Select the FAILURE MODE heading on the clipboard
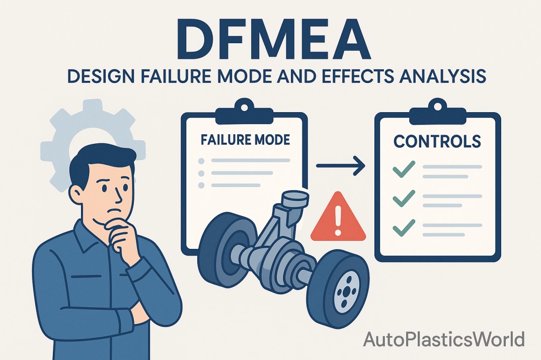[x=245, y=139]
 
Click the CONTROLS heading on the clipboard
[x=437, y=141]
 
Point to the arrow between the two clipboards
[x=341, y=166]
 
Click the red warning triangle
[x=338, y=217]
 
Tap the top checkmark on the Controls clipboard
[x=404, y=169]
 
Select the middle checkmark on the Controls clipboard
[x=404, y=198]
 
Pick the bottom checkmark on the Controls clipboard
[x=404, y=227]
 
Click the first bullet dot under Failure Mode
[x=201, y=161]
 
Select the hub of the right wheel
[x=345, y=292]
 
